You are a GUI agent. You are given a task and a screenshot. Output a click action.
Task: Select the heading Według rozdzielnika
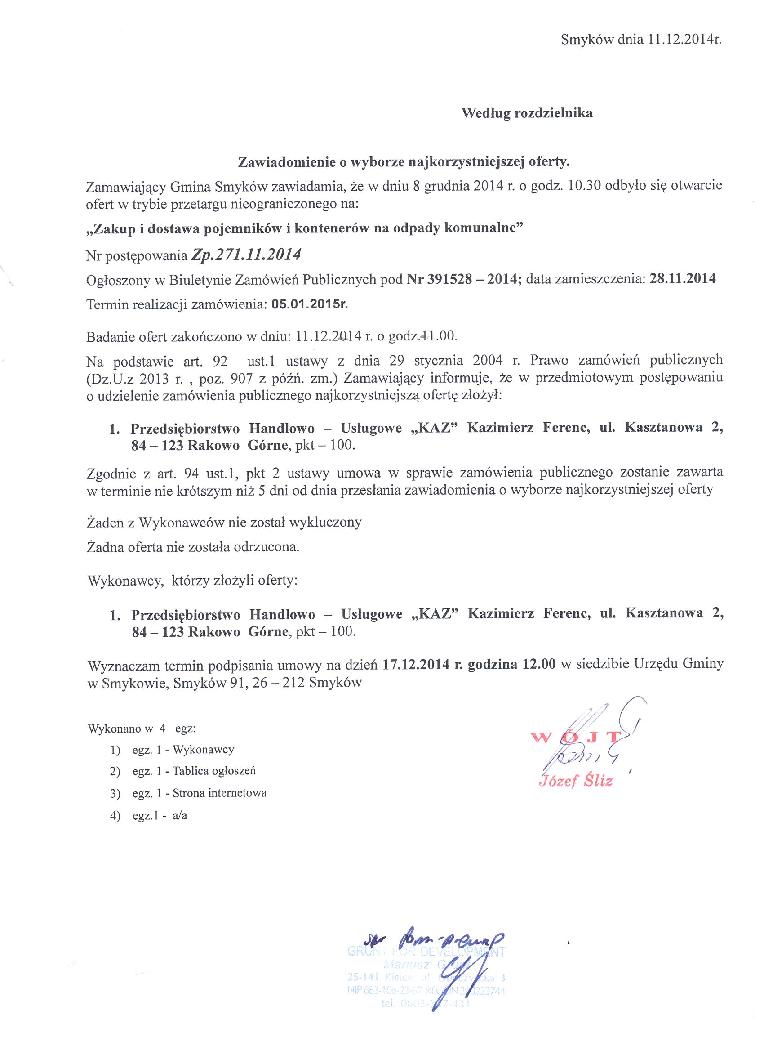[527, 113]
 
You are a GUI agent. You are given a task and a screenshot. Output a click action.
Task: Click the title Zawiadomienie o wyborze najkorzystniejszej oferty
[403, 162]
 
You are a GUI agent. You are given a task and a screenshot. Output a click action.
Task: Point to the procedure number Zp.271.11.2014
[246, 255]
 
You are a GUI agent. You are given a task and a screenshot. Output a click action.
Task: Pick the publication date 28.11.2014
[683, 278]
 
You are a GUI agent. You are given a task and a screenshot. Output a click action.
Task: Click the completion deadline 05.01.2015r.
[310, 304]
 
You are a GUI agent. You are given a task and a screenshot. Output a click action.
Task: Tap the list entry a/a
[180, 816]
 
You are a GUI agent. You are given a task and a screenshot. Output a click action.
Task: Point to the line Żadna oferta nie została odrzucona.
[193, 548]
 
